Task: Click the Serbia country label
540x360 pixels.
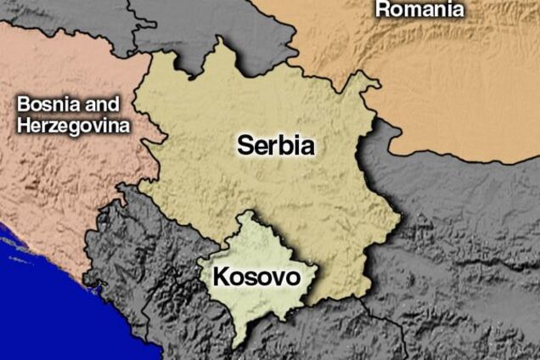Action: [275, 145]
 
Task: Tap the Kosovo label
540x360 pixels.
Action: [256, 277]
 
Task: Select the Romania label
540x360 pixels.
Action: [419, 9]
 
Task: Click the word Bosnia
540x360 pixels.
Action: [46, 105]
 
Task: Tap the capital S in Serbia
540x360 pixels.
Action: [245, 145]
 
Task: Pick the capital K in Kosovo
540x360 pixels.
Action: [219, 277]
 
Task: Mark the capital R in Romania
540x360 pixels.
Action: [383, 9]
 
